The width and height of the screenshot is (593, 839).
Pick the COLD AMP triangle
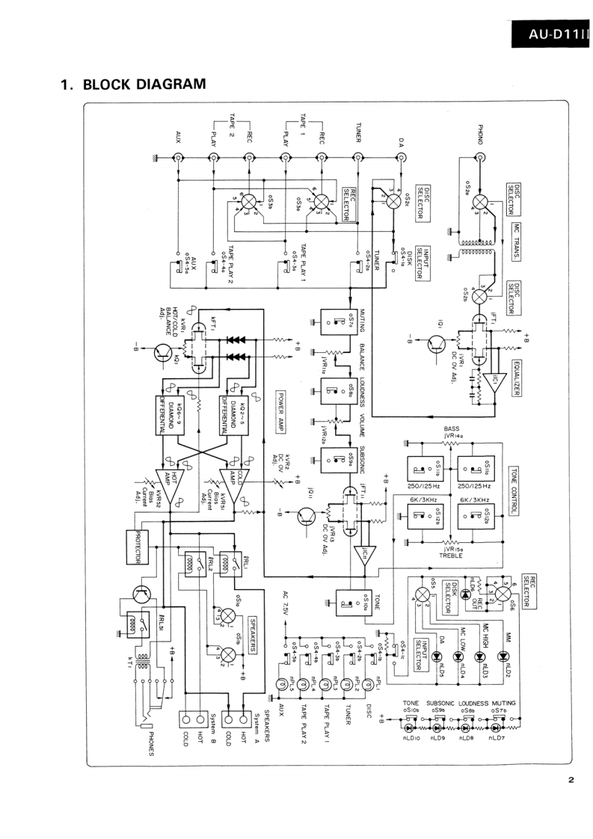(233, 487)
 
